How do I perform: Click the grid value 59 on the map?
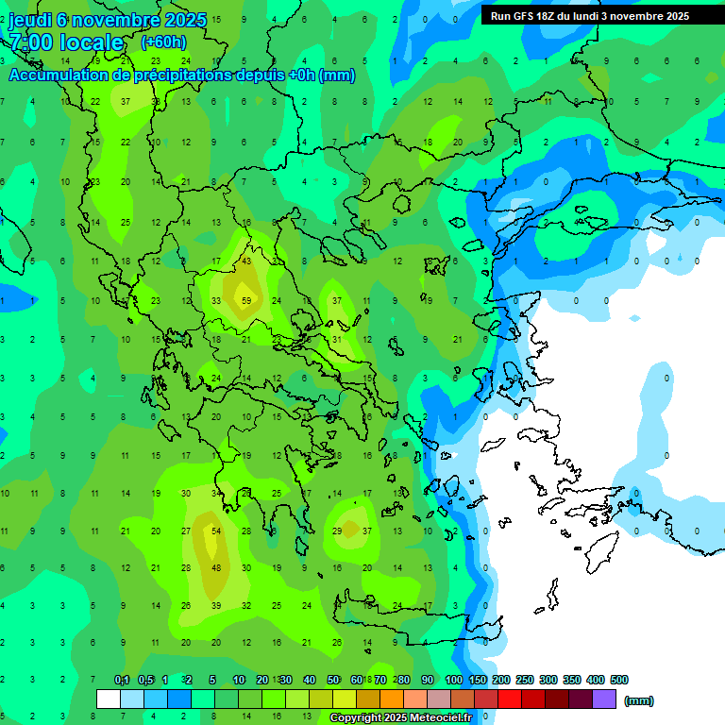[246, 301]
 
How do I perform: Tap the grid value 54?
[216, 531]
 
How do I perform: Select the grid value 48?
[216, 568]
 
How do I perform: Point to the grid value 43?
[246, 261]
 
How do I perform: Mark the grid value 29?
[337, 531]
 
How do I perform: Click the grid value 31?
[337, 340]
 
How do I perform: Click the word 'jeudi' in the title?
[30, 20]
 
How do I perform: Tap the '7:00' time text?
[31, 42]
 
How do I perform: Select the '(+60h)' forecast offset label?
[163, 42]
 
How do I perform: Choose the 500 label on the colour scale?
[619, 680]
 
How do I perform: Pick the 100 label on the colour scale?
[453, 680]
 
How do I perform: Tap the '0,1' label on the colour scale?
[122, 680]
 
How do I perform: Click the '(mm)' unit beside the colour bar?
[639, 700]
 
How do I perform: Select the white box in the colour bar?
[109, 700]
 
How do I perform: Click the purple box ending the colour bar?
[604, 700]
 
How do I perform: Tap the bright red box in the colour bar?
[510, 700]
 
